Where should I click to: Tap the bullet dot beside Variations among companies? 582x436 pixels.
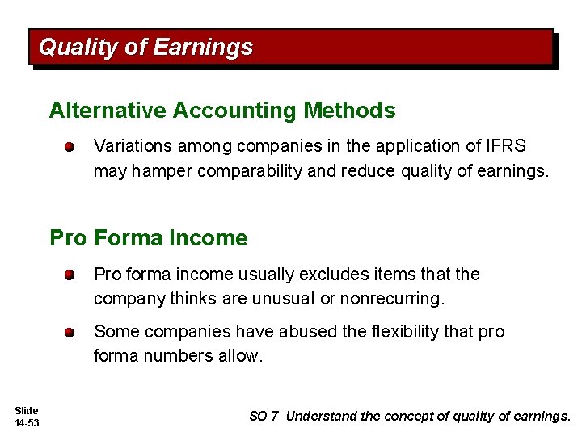(71, 147)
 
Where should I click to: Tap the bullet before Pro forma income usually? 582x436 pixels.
(71, 275)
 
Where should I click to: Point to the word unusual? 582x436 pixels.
(285, 299)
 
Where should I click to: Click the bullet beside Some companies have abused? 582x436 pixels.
(71, 332)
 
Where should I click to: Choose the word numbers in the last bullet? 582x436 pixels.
(171, 355)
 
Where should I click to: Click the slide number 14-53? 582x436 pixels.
(27, 423)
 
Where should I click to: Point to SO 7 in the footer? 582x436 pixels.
(264, 417)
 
